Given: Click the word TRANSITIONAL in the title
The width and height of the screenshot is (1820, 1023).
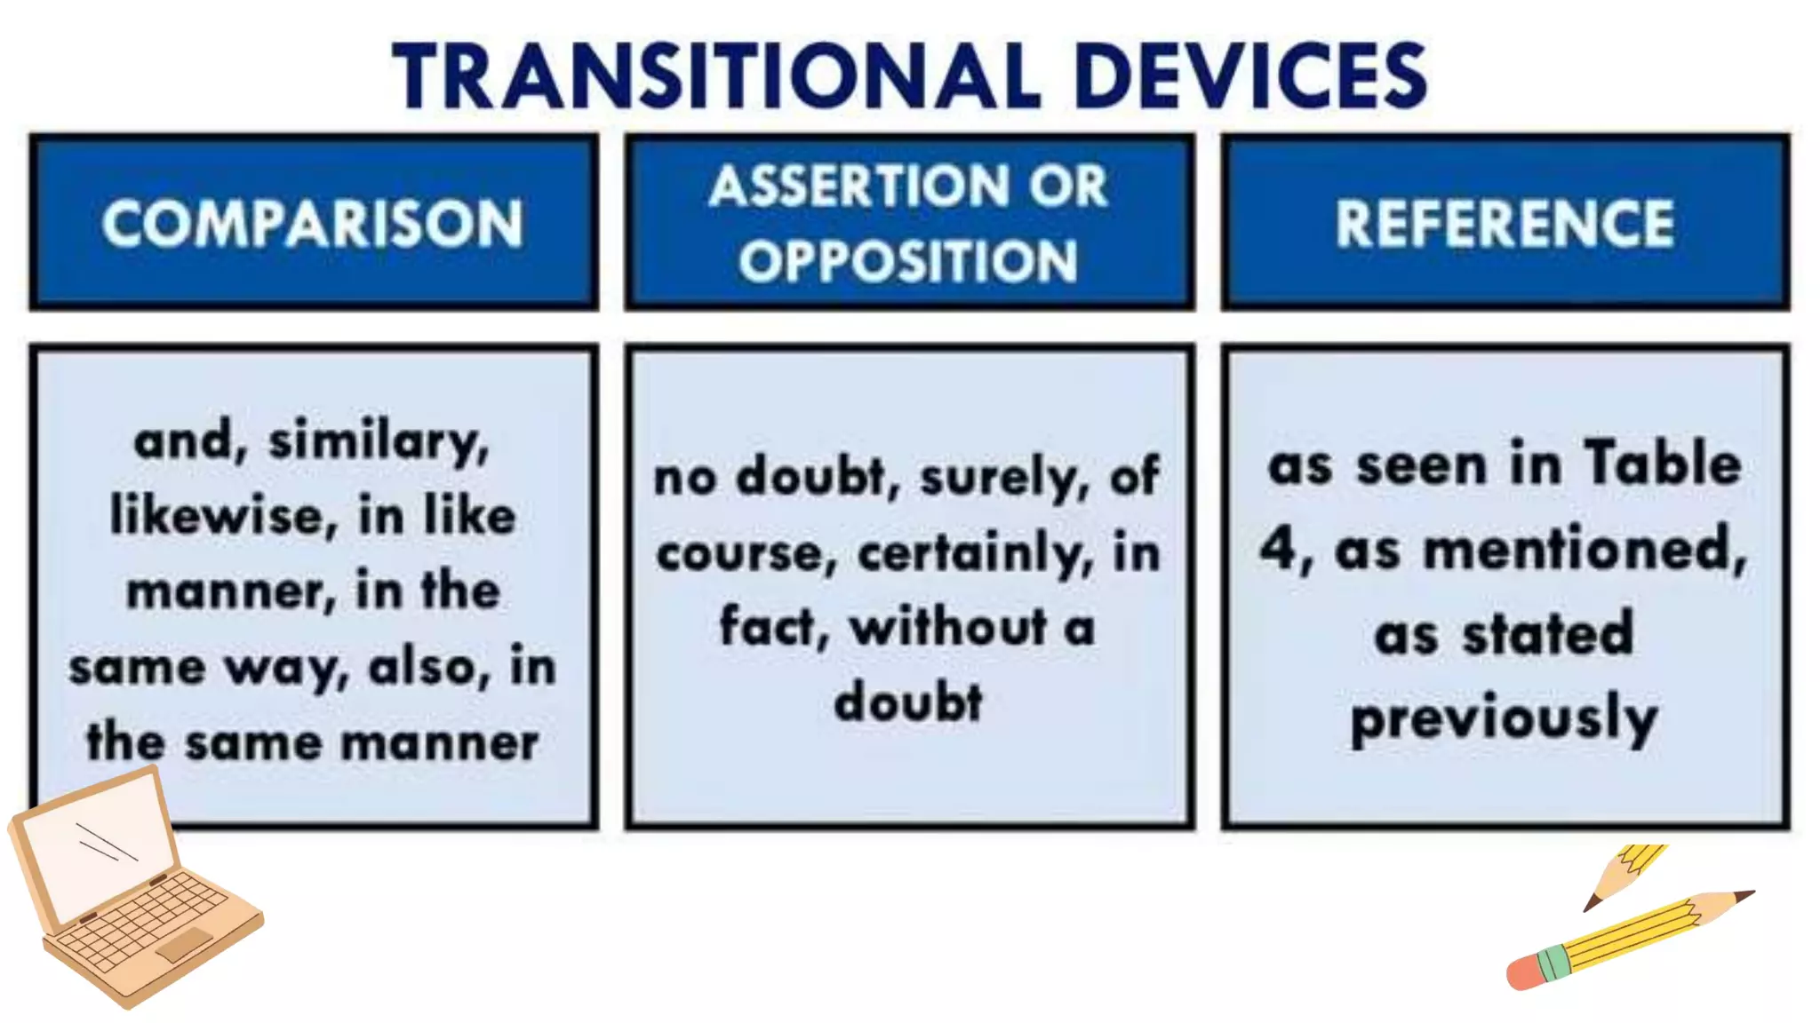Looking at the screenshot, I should (x=715, y=76).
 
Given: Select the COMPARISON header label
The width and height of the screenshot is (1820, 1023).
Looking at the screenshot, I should (x=313, y=223).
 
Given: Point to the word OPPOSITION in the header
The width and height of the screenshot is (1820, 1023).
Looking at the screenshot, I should (x=908, y=262).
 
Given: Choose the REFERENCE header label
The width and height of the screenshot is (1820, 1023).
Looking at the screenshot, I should (x=1505, y=223).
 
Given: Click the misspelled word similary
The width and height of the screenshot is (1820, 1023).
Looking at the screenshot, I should (x=379, y=441).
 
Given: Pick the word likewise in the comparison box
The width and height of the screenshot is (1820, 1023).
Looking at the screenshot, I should (x=222, y=516).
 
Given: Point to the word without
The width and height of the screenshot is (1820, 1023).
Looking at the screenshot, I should (x=948, y=627).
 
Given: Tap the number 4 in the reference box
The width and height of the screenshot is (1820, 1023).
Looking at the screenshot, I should (x=1279, y=548).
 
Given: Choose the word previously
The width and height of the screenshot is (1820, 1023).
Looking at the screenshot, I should (x=1504, y=719).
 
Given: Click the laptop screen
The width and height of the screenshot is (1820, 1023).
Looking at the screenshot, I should (x=98, y=844).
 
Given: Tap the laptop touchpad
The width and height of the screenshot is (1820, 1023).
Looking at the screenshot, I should (x=184, y=944).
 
